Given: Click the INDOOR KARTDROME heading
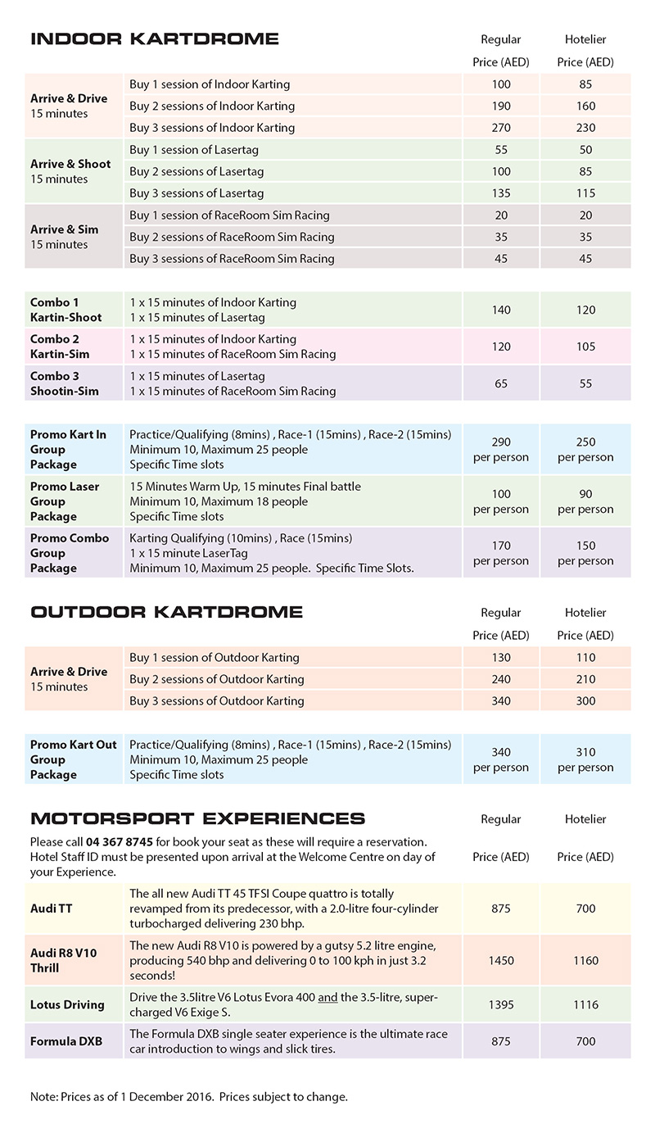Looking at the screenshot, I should [154, 39].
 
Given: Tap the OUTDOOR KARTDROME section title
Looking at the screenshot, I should [166, 612].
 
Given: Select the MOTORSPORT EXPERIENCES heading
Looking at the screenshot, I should [197, 818].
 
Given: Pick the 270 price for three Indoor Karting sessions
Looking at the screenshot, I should [501, 128].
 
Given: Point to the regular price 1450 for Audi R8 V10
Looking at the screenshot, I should [501, 960].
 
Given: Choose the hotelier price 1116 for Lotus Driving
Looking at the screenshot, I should [585, 1004].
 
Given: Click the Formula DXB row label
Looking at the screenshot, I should [65, 1041].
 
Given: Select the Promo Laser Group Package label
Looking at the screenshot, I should [65, 501].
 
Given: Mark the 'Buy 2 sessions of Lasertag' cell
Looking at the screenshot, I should [197, 171].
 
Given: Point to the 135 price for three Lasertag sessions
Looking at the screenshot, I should [501, 193].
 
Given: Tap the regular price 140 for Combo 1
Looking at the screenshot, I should [501, 310].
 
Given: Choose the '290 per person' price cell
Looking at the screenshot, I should [501, 450].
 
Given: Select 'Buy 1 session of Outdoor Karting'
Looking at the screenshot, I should [215, 657].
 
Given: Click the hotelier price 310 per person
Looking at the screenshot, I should [585, 759].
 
